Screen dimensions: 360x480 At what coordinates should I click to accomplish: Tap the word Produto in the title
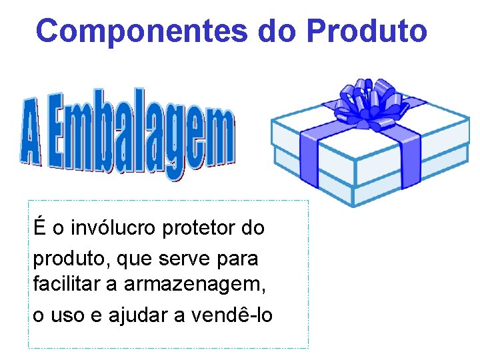click(367, 31)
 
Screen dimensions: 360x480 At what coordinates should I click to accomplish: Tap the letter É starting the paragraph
click(39, 227)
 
